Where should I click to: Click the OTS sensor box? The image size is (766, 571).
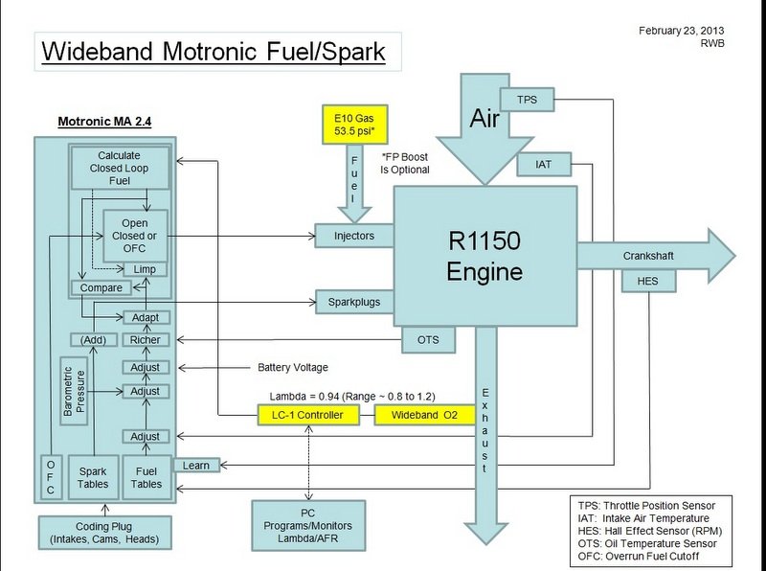(428, 339)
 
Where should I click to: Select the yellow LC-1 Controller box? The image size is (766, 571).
(308, 415)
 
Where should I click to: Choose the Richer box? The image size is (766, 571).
(145, 340)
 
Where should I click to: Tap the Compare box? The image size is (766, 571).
(101, 287)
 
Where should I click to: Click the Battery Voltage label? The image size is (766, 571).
(293, 366)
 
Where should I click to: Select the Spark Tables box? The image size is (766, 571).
(93, 476)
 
